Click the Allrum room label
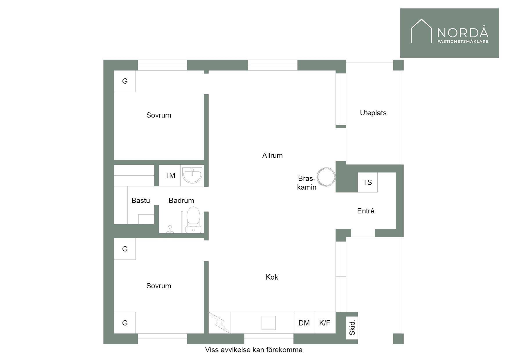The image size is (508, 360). click(272, 156)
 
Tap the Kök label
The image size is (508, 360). click(272, 277)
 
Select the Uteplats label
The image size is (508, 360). click(373, 113)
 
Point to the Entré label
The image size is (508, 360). click(366, 211)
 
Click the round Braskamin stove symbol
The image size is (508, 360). click(326, 177)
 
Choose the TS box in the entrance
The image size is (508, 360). click(368, 182)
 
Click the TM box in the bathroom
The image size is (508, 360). click(170, 175)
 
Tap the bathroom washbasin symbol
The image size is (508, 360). click(192, 175)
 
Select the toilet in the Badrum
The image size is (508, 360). click(193, 220)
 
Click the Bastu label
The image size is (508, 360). click(141, 201)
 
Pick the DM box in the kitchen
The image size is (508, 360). click(304, 323)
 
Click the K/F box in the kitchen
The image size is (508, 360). click(325, 323)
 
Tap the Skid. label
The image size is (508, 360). click(352, 328)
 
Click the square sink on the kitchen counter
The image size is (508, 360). click(269, 323)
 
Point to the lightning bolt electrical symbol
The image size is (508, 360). click(219, 323)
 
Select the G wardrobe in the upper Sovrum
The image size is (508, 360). click(125, 81)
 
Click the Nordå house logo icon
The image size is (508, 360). click(421, 31)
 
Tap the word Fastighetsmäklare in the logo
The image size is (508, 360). click(463, 42)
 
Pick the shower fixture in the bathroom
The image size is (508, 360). click(170, 229)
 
